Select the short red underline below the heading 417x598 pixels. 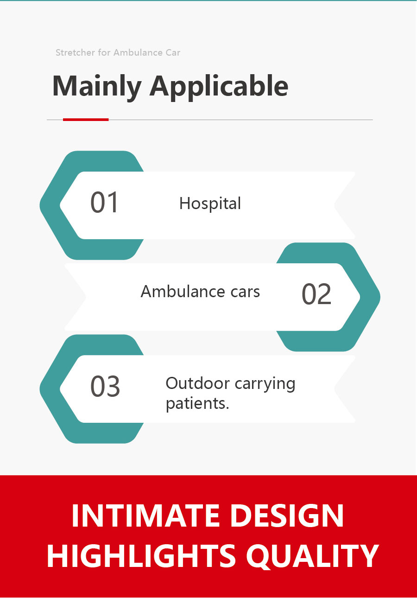coord(86,120)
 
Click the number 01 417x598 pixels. coord(104,202)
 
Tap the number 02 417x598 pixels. coord(316,294)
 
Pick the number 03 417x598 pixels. coord(105,386)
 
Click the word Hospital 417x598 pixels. coord(210,203)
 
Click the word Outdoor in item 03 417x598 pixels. coord(198,383)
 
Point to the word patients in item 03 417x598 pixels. coord(197,404)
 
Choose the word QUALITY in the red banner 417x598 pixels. coord(312,557)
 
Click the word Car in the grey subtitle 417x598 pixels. coord(173,52)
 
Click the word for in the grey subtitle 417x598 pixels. coord(104,52)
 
